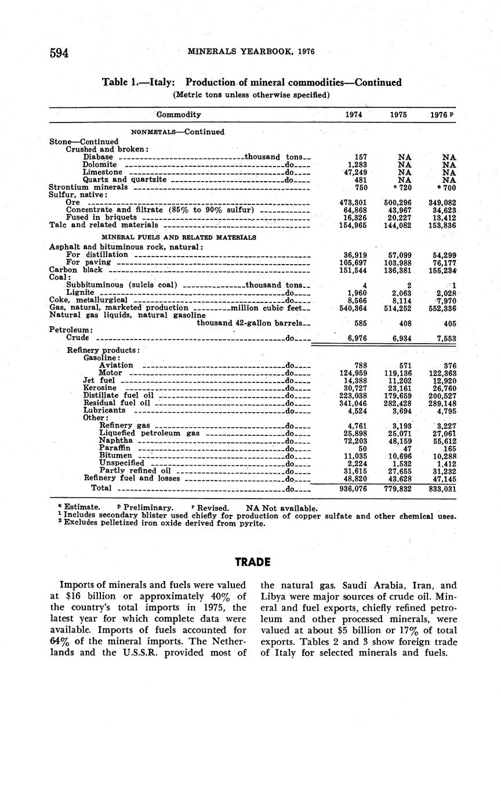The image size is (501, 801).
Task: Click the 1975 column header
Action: coord(398,115)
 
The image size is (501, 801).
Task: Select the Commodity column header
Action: coord(179,115)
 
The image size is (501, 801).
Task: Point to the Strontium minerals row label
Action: coord(88,187)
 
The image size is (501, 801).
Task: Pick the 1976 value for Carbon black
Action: coord(441,270)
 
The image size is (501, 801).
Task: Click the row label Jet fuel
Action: coord(99,380)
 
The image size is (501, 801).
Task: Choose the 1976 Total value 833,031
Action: coord(441,489)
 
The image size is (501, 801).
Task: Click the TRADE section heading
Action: coord(253,562)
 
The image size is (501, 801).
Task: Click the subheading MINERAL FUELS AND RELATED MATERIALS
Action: coord(179,237)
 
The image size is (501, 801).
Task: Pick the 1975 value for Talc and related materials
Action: coord(398,225)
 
